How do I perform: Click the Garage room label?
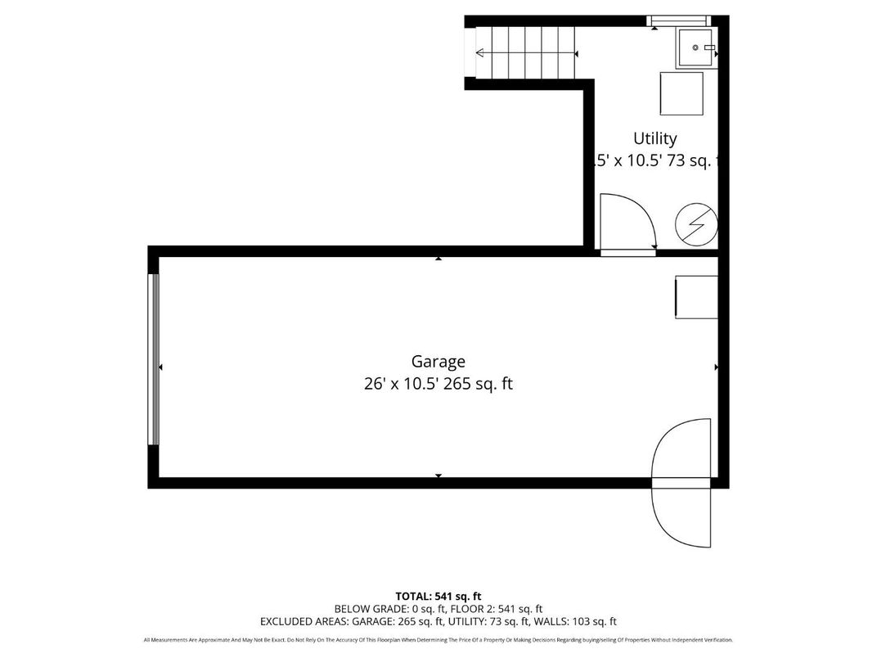click(438, 362)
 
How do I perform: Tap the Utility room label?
click(654, 138)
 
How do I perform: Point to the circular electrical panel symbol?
click(696, 223)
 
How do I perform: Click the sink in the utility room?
click(696, 48)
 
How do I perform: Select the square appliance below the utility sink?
click(681, 93)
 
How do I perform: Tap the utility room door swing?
click(626, 222)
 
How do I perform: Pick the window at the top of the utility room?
click(677, 20)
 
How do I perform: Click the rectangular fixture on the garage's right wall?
click(696, 297)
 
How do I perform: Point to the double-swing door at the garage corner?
click(681, 483)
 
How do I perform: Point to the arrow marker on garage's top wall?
click(438, 258)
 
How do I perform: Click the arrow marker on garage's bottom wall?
click(438, 475)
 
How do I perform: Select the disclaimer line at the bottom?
click(438, 640)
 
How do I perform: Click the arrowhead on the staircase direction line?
click(479, 54)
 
